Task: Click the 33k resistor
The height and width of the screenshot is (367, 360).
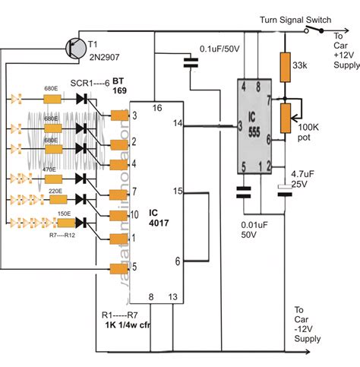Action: point(286,68)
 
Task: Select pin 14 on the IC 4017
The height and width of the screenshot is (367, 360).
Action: point(178,123)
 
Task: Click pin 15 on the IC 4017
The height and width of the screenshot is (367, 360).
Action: point(178,191)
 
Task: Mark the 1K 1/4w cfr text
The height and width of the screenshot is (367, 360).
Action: point(129,325)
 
